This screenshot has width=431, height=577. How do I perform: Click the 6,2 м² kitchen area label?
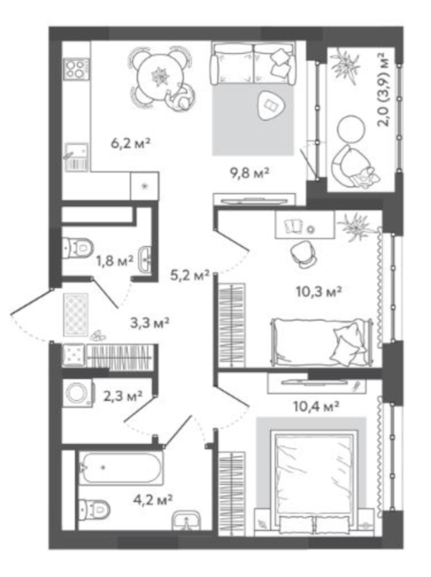tap(131, 143)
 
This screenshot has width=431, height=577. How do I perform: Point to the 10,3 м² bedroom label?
tap(319, 291)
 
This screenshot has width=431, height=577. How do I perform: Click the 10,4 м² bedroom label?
tap(316, 406)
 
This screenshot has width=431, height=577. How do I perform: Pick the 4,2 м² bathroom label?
tap(153, 500)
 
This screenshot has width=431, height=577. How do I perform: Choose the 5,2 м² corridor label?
tap(189, 275)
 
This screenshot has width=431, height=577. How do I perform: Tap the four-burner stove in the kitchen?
tap(77, 68)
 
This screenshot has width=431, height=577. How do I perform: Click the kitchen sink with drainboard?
tap(77, 158)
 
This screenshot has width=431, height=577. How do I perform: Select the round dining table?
tap(160, 77)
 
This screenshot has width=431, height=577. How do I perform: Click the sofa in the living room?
tap(253, 63)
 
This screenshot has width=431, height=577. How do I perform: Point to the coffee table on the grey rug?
tap(271, 105)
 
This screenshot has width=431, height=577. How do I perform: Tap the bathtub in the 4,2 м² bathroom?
tap(121, 468)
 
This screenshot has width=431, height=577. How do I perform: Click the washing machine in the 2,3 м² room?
tap(77, 393)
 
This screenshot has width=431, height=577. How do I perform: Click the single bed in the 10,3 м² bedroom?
tap(322, 342)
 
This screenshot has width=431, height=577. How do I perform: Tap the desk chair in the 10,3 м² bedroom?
tap(303, 254)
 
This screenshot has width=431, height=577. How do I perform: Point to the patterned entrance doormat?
tap(76, 315)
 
